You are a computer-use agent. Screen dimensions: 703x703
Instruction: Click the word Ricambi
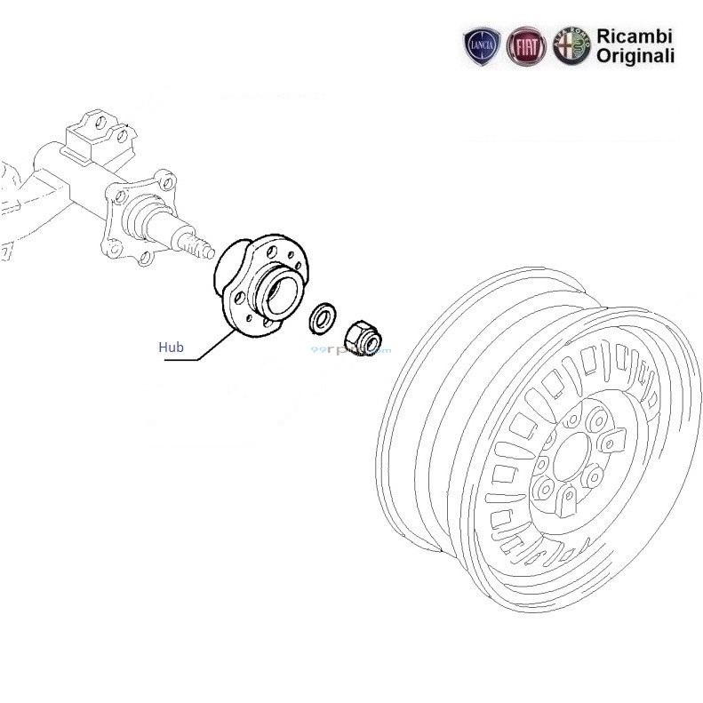coord(635,36)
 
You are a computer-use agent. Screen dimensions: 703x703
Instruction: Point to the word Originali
coord(635,55)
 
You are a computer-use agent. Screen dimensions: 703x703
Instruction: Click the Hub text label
coord(171,347)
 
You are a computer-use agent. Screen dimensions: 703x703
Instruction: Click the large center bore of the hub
coord(284,292)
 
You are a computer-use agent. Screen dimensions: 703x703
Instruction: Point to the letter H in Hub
coord(163,347)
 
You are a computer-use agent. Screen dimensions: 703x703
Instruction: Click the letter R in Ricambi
coord(602,36)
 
